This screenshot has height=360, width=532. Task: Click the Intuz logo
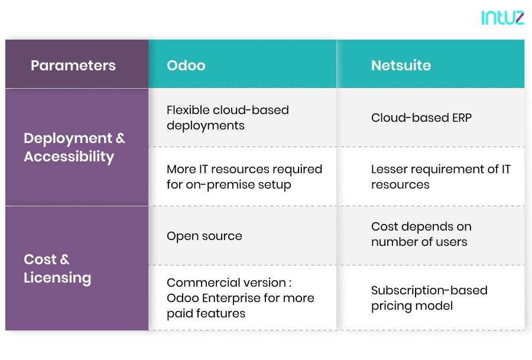coord(502,18)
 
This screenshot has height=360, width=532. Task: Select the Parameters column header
coord(73,65)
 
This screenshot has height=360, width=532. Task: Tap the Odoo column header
coord(186,65)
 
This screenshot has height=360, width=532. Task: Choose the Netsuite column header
coord(401,65)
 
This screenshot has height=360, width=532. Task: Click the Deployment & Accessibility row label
coord(74,147)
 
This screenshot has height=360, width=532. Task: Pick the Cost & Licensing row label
coord(57,268)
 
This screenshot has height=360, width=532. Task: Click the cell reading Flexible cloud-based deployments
coord(228,118)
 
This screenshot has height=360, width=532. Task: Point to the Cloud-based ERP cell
coord(421,118)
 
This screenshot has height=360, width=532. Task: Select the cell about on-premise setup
coord(244,177)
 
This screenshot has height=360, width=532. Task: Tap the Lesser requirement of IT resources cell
coord(440,177)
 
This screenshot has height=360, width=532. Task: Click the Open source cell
coord(205,236)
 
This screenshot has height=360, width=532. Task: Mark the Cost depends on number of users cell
coord(421,234)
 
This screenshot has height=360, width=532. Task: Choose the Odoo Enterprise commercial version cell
coord(240,298)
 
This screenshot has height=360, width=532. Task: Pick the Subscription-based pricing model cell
coord(429,298)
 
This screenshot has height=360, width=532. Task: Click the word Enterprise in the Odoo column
coord(231,298)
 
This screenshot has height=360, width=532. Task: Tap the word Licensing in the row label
coord(57,278)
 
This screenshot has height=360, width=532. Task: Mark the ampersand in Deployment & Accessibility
coord(120,138)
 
